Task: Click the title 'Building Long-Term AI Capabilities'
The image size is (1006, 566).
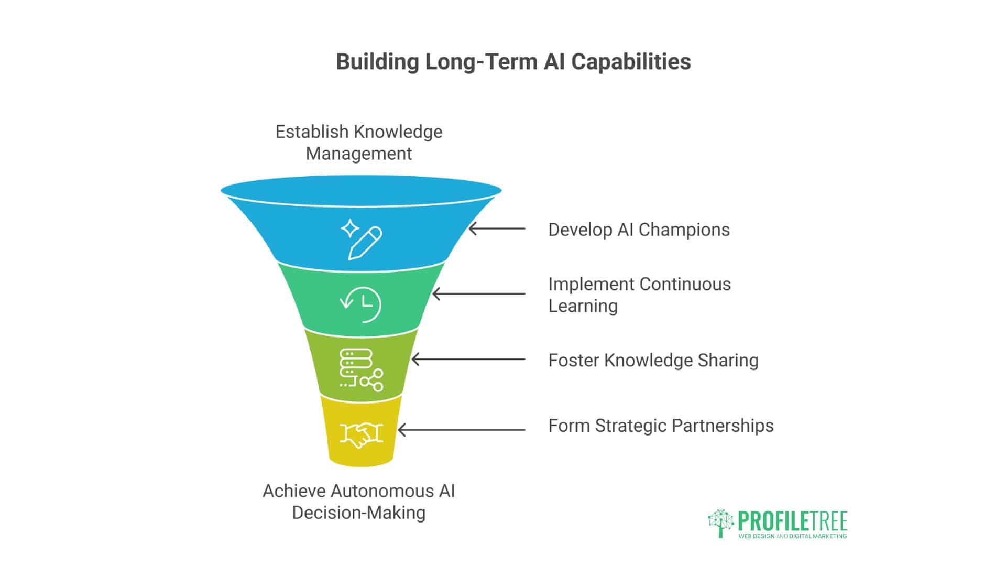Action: tap(513, 62)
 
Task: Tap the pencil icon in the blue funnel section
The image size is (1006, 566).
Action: tap(365, 243)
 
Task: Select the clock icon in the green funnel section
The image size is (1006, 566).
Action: tap(361, 304)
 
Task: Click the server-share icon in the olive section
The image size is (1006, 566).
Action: tap(361, 370)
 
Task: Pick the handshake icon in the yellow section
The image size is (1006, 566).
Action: tap(361, 434)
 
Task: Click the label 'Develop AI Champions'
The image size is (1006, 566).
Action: tap(639, 230)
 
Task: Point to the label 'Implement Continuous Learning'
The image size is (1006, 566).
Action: tap(639, 295)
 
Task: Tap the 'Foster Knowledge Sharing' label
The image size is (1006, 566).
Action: tap(653, 360)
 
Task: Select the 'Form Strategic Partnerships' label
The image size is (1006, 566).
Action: tap(661, 426)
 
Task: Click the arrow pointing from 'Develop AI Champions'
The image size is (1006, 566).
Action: tap(497, 229)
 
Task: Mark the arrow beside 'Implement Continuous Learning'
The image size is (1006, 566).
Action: tap(479, 294)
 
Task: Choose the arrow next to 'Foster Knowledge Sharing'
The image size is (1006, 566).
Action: tap(468, 360)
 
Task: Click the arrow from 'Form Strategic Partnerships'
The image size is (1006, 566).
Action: tap(462, 430)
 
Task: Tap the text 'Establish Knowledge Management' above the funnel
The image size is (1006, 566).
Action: tap(359, 143)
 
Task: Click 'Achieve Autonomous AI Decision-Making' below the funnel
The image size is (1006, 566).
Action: tap(359, 502)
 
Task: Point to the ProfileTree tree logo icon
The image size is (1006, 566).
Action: tap(721, 523)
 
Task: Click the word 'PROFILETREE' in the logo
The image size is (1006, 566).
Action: tap(793, 521)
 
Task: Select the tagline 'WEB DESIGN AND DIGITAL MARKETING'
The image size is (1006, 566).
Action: tap(793, 536)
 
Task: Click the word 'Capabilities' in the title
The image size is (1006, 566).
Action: tap(631, 62)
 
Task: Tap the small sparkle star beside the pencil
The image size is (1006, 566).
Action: tap(350, 229)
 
